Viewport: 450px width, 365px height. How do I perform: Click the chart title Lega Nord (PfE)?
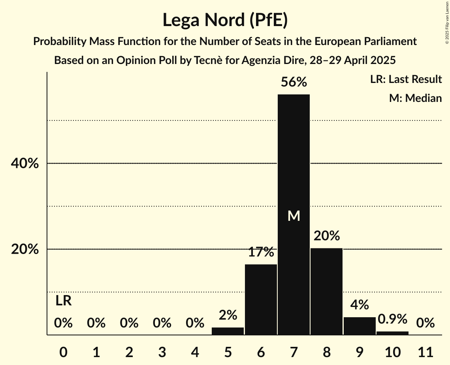point(225,20)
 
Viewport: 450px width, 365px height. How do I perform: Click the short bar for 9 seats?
point(360,326)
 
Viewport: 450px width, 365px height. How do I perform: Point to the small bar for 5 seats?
point(228,331)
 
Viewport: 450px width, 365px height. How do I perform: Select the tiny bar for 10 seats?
point(392,333)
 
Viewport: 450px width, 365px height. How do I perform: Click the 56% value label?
point(294,82)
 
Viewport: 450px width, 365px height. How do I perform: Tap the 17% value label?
point(261,252)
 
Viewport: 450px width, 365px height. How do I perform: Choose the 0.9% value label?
point(392,319)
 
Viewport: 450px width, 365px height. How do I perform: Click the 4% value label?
point(360,305)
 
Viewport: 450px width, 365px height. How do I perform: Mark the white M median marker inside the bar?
point(294,216)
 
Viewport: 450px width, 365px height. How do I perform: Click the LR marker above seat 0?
point(63,301)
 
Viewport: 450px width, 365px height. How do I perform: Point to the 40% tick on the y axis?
point(24,164)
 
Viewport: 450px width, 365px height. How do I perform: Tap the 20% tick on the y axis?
point(24,250)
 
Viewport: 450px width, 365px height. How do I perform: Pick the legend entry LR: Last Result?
point(406,79)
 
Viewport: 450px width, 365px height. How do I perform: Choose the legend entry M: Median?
point(415,98)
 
